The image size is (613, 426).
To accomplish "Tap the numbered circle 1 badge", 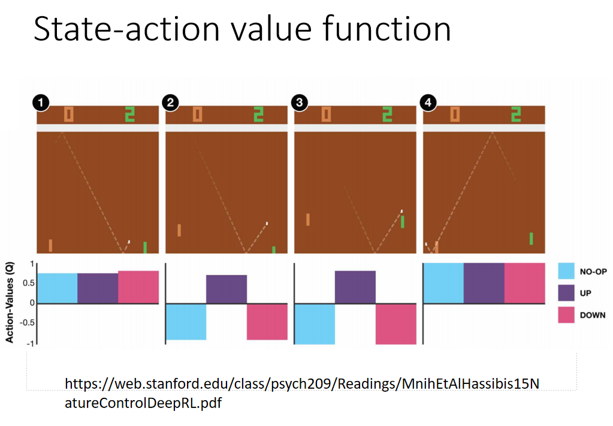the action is tap(41, 103).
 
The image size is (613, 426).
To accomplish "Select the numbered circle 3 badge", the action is tap(300, 103).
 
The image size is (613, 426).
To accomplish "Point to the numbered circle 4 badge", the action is tap(428, 103).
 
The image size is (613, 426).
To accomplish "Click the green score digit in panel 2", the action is tap(258, 115).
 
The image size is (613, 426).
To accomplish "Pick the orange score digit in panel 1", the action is tap(69, 115).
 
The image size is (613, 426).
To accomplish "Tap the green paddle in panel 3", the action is tap(402, 222).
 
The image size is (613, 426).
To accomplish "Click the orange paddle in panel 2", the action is tap(179, 230).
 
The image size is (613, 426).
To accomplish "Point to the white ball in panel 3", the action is tap(401, 211).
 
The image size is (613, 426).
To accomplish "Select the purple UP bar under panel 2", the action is tap(227, 289).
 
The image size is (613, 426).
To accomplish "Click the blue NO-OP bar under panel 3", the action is tap(315, 324).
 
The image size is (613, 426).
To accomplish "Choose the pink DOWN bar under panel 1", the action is tap(138, 287).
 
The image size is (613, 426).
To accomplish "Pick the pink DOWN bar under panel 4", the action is tap(525, 283).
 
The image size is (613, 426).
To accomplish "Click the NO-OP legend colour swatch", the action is tap(566, 271).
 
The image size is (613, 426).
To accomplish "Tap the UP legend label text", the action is tap(585, 293).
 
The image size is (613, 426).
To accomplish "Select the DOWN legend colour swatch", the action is tap(566, 315).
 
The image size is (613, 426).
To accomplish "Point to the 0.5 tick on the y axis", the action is tap(29, 283).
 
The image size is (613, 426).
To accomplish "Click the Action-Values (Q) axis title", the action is tap(10, 302).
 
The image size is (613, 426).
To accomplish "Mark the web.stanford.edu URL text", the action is tap(302, 393).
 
